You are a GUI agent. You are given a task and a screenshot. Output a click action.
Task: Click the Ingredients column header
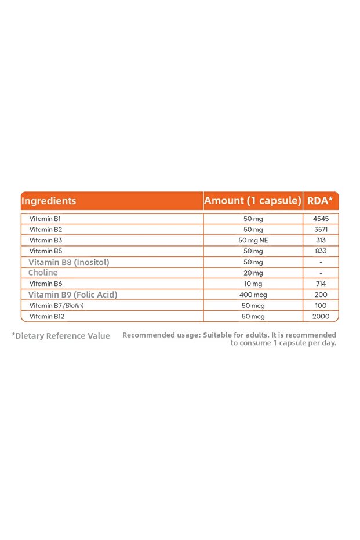tap(49, 201)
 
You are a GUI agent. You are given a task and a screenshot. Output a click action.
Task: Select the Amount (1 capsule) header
tap(253, 201)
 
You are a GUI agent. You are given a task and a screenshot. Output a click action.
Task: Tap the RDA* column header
tap(320, 201)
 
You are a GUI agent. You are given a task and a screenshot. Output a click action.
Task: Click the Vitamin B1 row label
tap(45, 219)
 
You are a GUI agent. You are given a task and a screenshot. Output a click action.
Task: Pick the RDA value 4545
tap(321, 219)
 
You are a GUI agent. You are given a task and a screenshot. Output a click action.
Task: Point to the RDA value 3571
tap(321, 230)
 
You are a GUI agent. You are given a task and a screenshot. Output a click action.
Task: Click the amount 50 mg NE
tap(253, 241)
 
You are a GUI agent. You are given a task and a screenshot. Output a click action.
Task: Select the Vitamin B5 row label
tap(45, 251)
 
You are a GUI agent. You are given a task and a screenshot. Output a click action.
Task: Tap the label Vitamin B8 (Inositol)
tap(69, 262)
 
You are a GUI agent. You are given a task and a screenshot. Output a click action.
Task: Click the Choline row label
tap(43, 273)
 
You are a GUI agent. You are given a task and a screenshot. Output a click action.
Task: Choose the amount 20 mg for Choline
tap(253, 273)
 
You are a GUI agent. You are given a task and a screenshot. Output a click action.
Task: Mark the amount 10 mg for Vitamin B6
tap(253, 284)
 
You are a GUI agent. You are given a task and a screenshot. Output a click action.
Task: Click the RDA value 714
tap(321, 284)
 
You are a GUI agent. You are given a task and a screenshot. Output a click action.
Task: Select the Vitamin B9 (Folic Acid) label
tap(73, 295)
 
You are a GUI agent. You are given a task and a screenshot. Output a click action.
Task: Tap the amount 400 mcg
tap(253, 295)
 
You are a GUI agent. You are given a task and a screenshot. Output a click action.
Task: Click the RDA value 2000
tap(321, 316)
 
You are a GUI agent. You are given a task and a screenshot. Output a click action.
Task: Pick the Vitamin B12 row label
tap(46, 316)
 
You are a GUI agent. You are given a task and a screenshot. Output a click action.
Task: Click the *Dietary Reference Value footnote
tap(61, 336)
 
